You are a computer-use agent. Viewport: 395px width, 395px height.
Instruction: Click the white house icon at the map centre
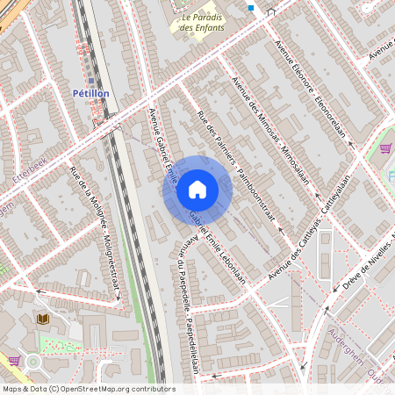(197, 190)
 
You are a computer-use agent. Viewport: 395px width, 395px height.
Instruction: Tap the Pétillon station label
(90, 93)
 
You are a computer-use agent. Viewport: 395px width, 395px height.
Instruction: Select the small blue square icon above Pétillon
(90, 80)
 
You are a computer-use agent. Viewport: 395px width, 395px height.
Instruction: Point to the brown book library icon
(41, 318)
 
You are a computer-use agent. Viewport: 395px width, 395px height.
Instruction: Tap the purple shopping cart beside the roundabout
(13, 360)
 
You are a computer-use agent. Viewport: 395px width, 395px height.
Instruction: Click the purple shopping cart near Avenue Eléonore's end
(386, 148)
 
